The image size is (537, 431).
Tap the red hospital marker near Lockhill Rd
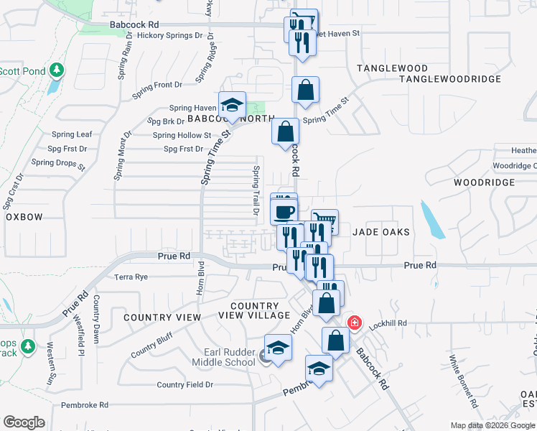[354, 323]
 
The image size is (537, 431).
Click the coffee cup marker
[284, 210]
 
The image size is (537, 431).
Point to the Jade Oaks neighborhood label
[380, 232]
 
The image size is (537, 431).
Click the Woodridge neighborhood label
[485, 182]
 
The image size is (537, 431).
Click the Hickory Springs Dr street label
[165, 35]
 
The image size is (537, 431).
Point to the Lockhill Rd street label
[388, 324]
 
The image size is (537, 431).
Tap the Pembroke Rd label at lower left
[84, 405]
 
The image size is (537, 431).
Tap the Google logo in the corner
[24, 422]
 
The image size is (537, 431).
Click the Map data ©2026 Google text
[492, 425]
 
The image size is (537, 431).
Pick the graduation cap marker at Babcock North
[233, 106]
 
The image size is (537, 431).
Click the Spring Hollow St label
[182, 135]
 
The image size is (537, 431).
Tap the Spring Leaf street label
[73, 134]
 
